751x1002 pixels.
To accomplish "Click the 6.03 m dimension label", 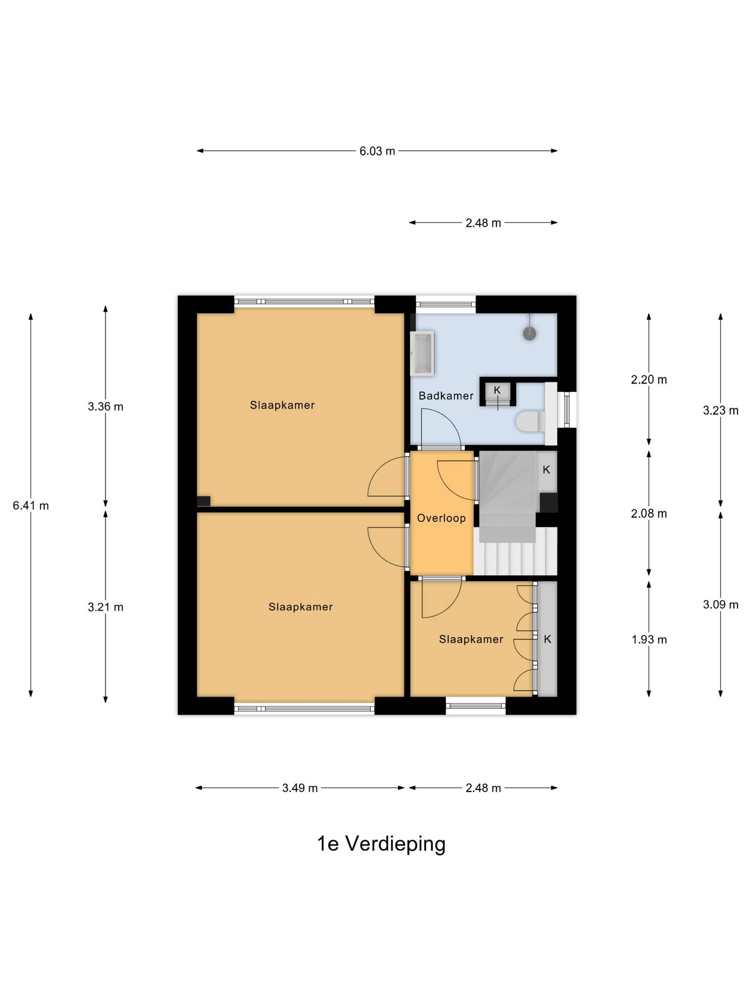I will [x=377, y=151].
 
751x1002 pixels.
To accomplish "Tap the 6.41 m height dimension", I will [x=30, y=506].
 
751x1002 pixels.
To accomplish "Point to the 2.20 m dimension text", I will [x=649, y=380].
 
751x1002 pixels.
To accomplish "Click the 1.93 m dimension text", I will [x=649, y=639].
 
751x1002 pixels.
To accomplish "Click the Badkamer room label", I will [x=446, y=396].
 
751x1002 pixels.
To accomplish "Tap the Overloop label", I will [x=441, y=518].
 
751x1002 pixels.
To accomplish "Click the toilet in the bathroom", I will [x=530, y=421].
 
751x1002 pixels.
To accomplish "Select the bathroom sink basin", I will [x=422, y=353].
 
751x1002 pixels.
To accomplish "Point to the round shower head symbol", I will [x=529, y=334].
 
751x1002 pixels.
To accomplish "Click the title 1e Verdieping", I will [x=381, y=843].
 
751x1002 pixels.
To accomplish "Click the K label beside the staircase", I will [x=546, y=470].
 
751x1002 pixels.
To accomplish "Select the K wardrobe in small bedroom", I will [x=547, y=639].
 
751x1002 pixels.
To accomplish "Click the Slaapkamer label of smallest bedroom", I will [x=471, y=639].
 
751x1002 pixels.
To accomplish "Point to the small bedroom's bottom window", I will [x=475, y=705].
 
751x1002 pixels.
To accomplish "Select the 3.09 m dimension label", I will [x=720, y=605].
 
